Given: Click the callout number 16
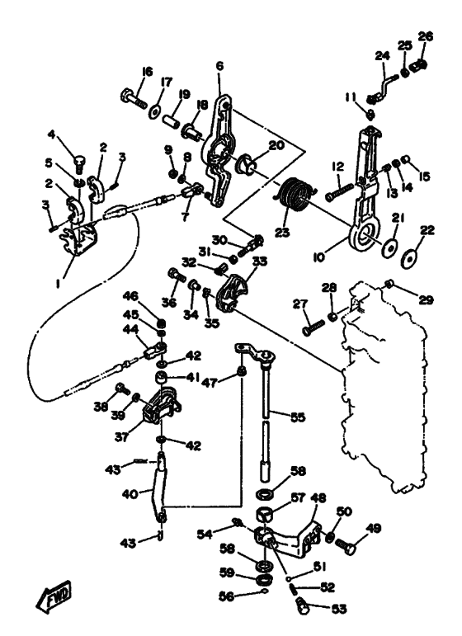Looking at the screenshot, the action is [x=147, y=72].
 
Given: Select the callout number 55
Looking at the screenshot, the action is [x=298, y=417].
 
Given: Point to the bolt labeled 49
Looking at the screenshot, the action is [x=346, y=544].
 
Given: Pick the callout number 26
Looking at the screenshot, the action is [x=426, y=36].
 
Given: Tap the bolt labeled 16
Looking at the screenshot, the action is [x=133, y=98].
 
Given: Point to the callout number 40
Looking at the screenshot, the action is [x=130, y=494].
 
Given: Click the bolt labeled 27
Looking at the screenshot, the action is [x=314, y=327].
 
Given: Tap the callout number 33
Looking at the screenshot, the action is [x=260, y=261].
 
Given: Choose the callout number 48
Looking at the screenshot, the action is [x=318, y=498].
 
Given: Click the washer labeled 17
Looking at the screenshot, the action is [x=154, y=111].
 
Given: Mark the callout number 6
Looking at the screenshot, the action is [x=219, y=66].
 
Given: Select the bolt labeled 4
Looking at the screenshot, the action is [x=79, y=164].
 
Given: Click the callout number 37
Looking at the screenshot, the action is [x=121, y=436].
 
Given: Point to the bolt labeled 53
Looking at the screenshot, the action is [x=300, y=605].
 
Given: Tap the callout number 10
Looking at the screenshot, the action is [x=319, y=257].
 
